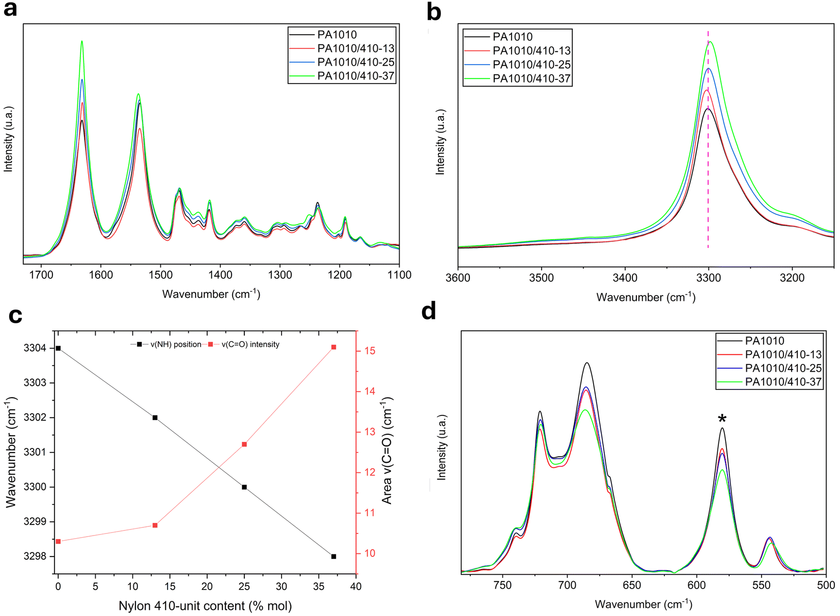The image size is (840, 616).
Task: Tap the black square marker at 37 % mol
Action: (x=333, y=556)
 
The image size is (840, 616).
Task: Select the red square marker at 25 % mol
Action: (x=244, y=444)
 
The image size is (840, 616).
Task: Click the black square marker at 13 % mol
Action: (x=155, y=417)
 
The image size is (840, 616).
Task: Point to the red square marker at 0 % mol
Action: (x=58, y=541)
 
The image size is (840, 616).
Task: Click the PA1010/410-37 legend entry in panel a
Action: (x=356, y=76)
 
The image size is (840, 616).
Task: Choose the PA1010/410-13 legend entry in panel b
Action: (x=531, y=51)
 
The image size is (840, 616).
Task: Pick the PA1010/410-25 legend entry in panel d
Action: (x=783, y=368)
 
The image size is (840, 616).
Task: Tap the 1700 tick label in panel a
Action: (x=41, y=275)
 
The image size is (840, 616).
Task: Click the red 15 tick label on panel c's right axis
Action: (x=370, y=351)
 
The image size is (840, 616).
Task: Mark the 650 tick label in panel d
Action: (x=632, y=585)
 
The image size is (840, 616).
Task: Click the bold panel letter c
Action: (x=15, y=316)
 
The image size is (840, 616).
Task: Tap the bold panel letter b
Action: (x=434, y=12)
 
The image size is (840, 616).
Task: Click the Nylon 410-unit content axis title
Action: (x=205, y=606)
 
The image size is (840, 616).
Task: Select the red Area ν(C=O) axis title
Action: (x=387, y=451)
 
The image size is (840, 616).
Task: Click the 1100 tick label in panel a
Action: (x=399, y=275)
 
